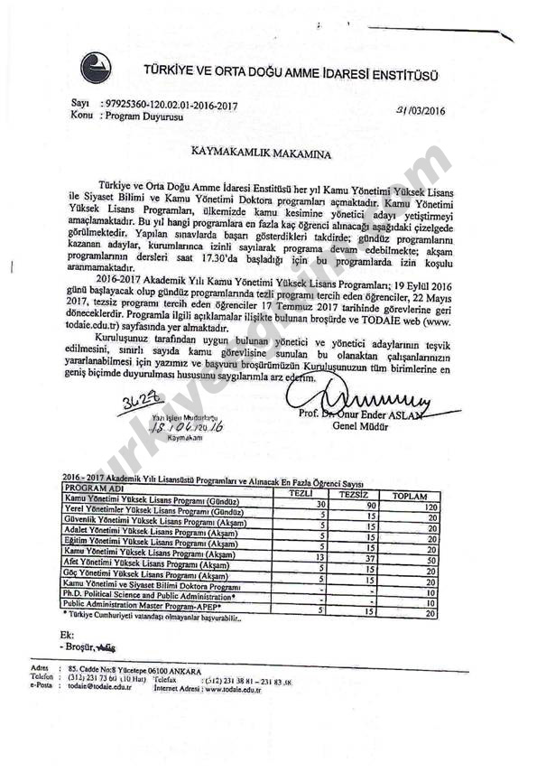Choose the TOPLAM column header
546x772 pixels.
click(408, 496)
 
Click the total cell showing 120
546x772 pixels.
click(430, 507)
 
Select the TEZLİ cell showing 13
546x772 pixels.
click(317, 556)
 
